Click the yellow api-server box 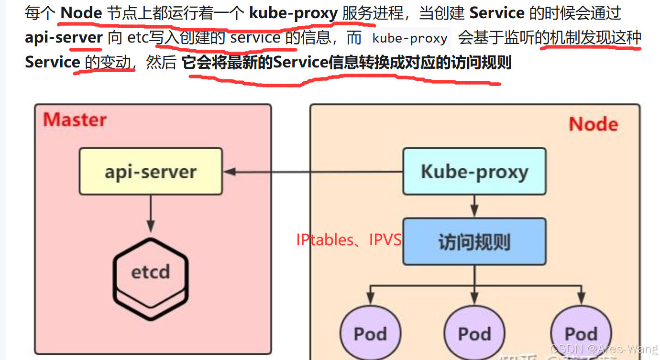151,171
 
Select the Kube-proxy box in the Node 474,171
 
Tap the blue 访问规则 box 474,241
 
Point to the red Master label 75,120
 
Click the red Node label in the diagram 593,124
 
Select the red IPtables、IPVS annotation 349,240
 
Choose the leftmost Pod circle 370,333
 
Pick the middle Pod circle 474,333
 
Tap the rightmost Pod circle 581,333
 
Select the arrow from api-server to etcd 151,213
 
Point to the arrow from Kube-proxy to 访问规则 474,207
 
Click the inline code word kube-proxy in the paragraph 409,38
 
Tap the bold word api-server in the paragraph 64,38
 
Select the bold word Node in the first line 81,13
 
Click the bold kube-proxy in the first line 293,13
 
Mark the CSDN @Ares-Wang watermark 604,349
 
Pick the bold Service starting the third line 52,62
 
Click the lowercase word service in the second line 255,38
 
